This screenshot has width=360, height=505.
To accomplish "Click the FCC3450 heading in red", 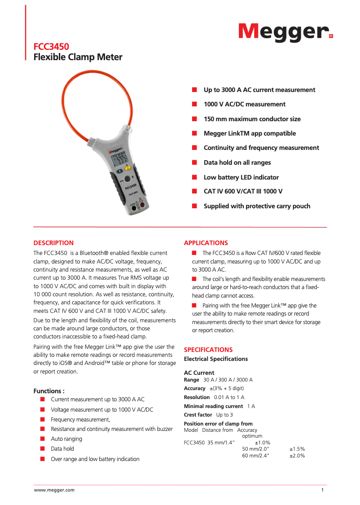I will tap(52, 47).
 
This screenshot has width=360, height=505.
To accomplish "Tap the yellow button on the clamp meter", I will tap(127, 168).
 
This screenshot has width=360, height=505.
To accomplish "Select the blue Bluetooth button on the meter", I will tap(120, 171).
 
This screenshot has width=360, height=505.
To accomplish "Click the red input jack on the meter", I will tap(142, 206).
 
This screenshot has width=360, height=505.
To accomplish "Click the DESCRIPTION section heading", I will tap(53, 243).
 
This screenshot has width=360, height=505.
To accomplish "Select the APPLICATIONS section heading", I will tap(206, 243).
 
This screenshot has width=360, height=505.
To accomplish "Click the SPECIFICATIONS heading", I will tap(208, 350).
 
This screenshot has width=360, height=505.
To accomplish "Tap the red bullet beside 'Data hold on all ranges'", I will tap(195, 162).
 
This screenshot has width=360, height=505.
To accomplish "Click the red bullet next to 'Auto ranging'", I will tap(42, 439).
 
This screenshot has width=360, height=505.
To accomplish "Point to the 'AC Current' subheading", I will tap(199, 373).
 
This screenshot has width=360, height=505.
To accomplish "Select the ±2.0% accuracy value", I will tap(297, 456).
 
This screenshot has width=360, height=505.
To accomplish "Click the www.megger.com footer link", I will tap(54, 490).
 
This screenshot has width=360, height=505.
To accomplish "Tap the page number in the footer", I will tap(322, 490).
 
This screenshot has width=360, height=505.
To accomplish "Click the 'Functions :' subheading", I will tap(49, 391).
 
